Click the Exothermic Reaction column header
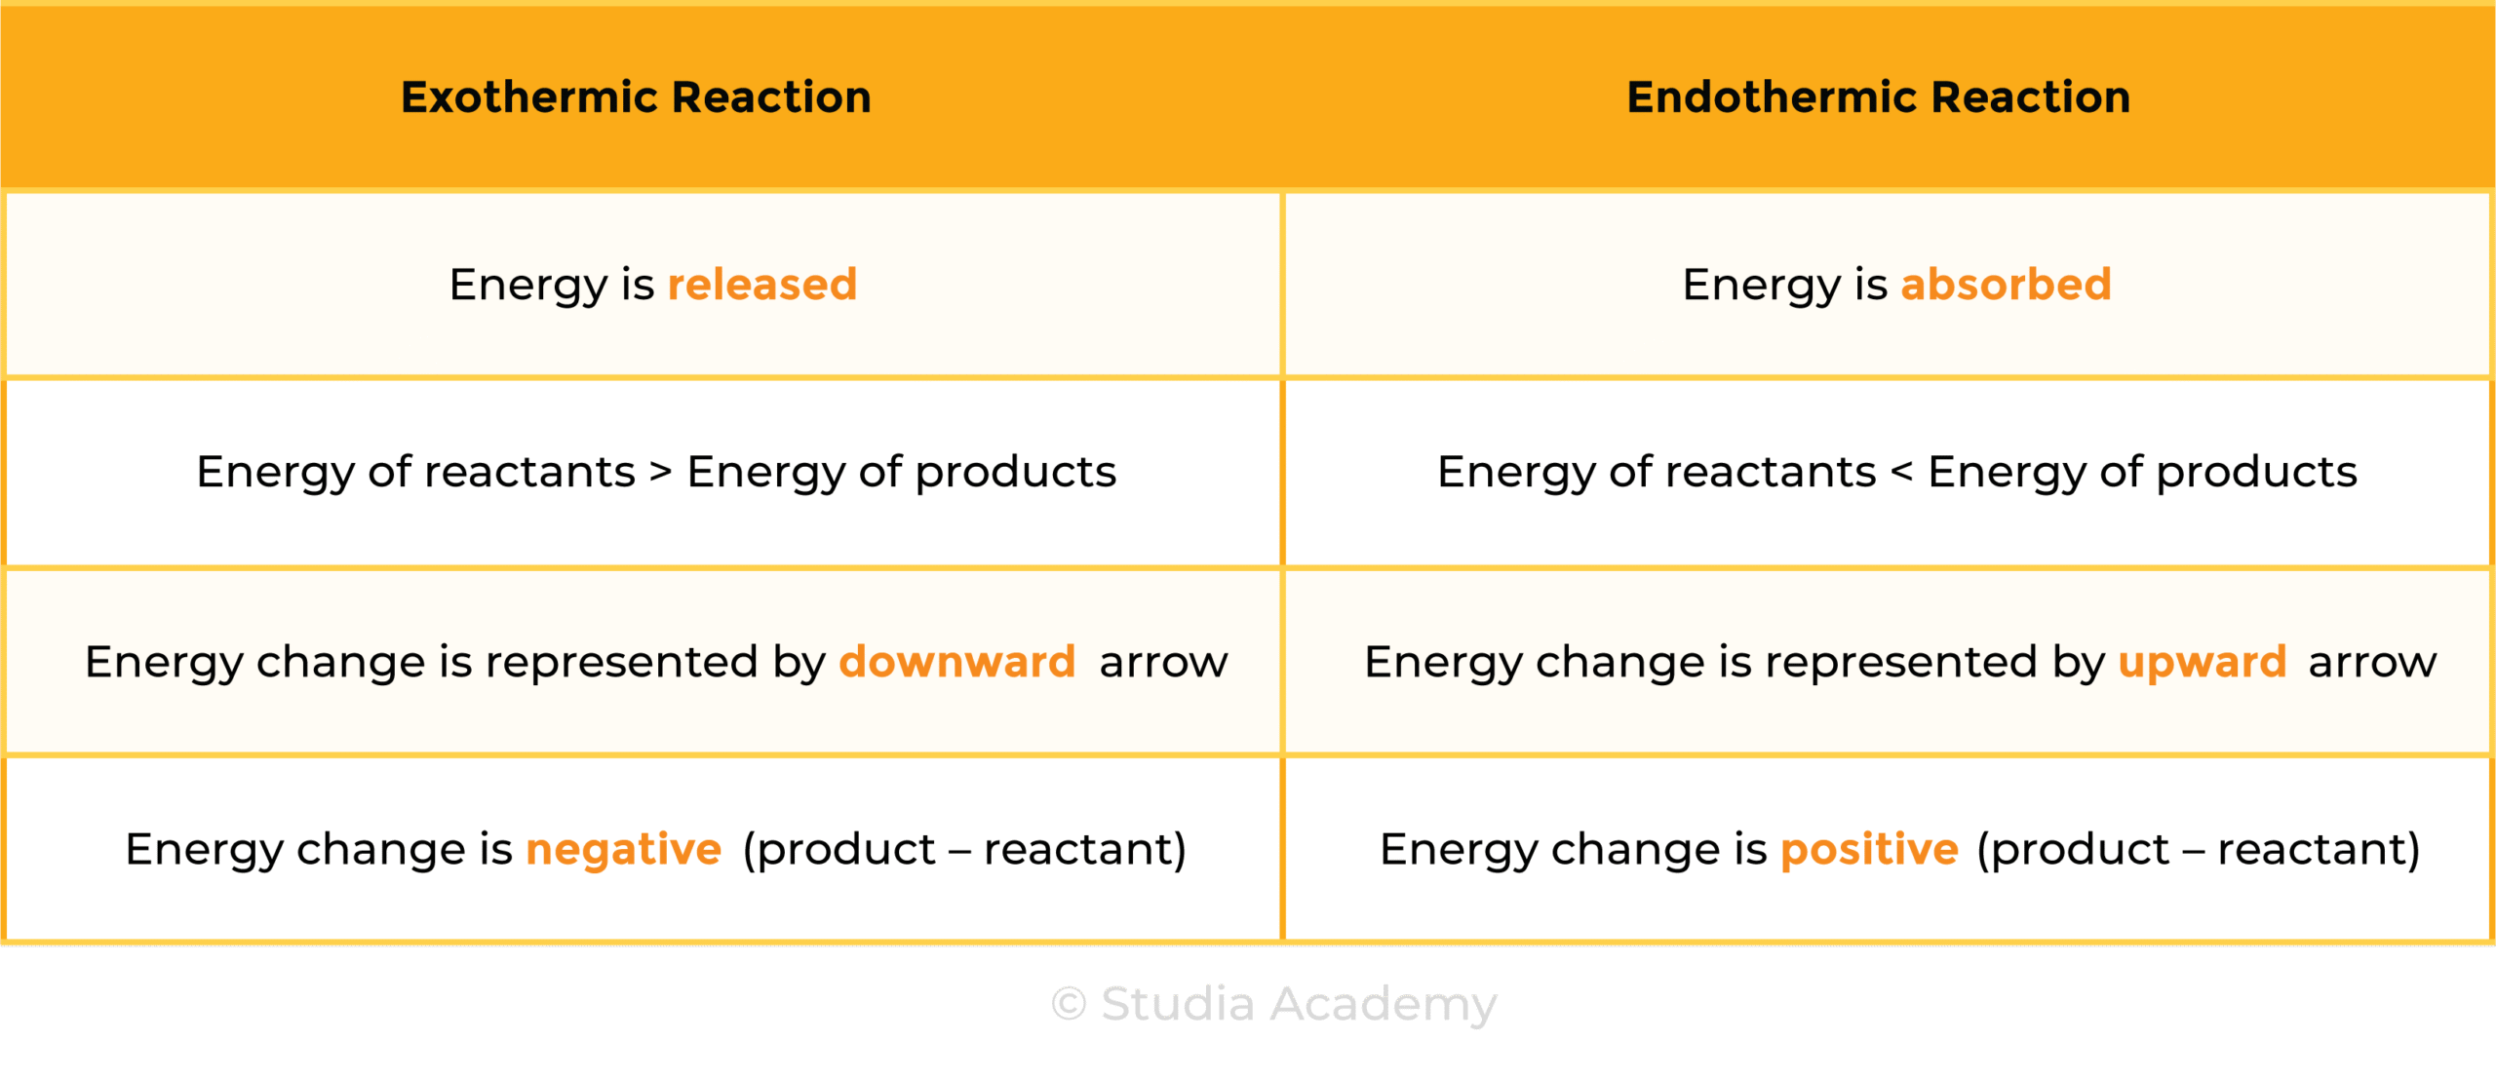click(x=636, y=97)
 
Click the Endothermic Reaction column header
click(x=1878, y=97)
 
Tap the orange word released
click(x=761, y=285)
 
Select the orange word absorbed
click(x=2006, y=285)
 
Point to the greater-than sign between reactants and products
click(x=660, y=472)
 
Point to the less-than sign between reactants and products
click(x=1901, y=472)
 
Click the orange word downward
click(x=956, y=662)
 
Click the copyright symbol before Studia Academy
click(x=1069, y=1004)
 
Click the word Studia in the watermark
click(x=1178, y=1004)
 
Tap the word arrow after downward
click(x=1163, y=664)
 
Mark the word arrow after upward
click(x=2372, y=664)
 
